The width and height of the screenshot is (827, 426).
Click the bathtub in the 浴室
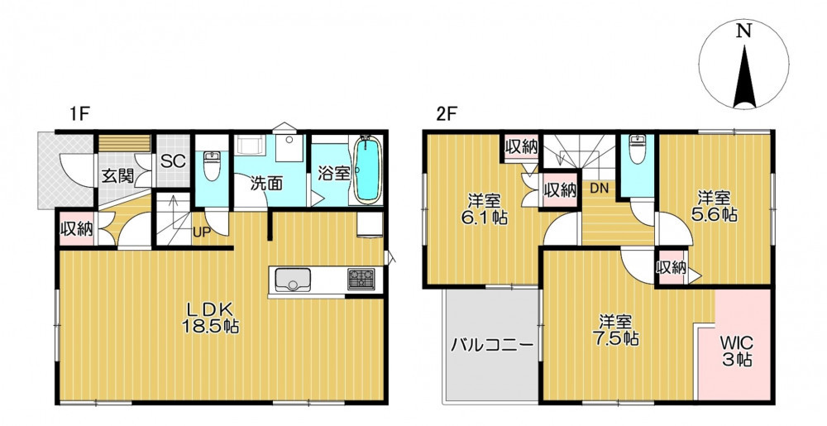[368, 169]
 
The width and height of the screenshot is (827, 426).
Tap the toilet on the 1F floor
[212, 165]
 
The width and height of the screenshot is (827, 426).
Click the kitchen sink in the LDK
[291, 280]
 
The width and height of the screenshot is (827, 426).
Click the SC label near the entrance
[174, 160]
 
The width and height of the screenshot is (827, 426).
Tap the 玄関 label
[117, 176]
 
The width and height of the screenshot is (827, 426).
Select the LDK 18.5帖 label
[211, 319]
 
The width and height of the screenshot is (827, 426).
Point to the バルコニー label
[492, 346]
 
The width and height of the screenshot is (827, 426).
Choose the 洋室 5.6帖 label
[715, 206]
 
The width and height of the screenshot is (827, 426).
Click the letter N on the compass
[744, 31]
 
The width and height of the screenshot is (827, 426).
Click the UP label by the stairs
[202, 232]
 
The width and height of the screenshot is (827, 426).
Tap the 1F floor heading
[79, 114]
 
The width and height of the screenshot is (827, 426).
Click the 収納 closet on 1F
[76, 229]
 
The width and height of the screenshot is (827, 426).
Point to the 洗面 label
[267, 183]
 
